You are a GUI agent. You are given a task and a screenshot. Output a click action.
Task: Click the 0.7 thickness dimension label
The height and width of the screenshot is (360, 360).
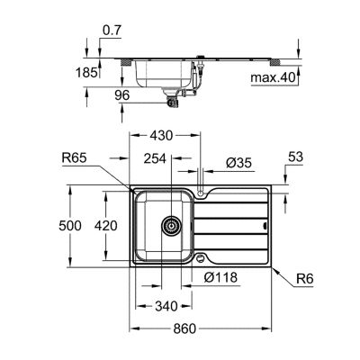click(x=112, y=31)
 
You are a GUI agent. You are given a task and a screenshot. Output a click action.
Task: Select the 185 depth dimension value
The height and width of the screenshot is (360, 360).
click(x=86, y=73)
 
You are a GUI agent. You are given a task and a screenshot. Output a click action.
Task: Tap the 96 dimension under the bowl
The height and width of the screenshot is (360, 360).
click(x=121, y=95)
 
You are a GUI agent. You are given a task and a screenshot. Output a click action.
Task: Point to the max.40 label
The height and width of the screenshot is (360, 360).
click(x=274, y=78)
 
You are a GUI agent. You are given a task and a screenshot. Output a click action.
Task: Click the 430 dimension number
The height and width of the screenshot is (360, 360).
click(x=162, y=136)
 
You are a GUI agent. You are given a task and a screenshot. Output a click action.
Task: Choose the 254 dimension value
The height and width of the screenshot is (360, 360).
click(x=155, y=158)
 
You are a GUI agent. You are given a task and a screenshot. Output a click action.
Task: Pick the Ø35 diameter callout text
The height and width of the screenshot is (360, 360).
click(x=239, y=163)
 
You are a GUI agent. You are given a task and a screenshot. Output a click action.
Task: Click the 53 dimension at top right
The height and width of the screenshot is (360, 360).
click(x=295, y=157)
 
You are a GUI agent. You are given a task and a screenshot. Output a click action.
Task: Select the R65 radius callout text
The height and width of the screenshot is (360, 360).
click(x=74, y=157)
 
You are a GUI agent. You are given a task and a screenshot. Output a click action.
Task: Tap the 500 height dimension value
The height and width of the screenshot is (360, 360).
click(x=70, y=226)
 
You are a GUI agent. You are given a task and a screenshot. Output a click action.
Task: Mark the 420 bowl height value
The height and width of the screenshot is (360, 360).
click(x=105, y=226)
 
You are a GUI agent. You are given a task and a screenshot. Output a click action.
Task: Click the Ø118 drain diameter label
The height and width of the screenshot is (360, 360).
click(x=220, y=277)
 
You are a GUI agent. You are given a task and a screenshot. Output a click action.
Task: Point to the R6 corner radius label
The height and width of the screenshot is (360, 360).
click(x=305, y=279)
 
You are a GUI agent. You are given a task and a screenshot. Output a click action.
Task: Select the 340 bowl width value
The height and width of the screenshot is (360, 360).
click(x=166, y=306)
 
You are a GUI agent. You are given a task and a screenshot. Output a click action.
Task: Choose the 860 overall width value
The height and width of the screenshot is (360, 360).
click(x=184, y=328)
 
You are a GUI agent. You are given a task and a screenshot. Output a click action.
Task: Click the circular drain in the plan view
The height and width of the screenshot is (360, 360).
click(x=171, y=226)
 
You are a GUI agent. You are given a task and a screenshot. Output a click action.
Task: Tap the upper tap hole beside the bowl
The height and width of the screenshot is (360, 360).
click(x=201, y=193)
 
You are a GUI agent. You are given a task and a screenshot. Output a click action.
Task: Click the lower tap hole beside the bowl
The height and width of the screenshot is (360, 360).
click(x=200, y=258)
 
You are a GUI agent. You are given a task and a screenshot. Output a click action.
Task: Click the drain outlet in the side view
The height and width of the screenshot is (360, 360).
click(x=172, y=98)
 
